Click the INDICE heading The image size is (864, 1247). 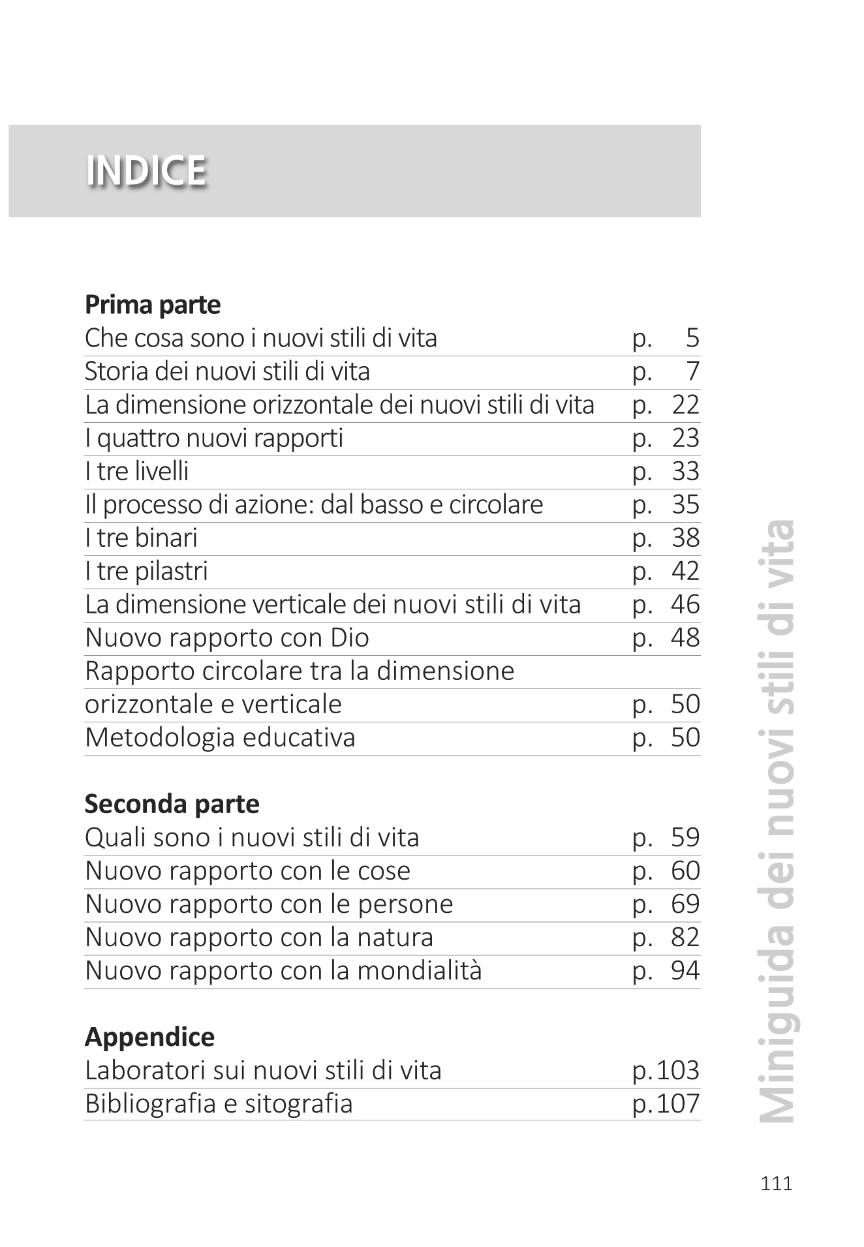pos(146,171)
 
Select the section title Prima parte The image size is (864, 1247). pos(153,305)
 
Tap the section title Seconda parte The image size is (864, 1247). pos(172,804)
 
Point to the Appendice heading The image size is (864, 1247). pos(149,1037)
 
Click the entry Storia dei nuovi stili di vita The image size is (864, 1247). pos(227,372)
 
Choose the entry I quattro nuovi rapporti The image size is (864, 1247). pos(214,439)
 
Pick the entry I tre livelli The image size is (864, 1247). pos(136,472)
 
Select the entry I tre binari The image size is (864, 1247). pos(141,538)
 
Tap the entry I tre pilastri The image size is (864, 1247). pos(146,572)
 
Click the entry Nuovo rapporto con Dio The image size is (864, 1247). pos(227,638)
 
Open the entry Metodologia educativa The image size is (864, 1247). pos(220,738)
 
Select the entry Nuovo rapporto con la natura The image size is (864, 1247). pos(259,938)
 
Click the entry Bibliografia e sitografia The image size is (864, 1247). pos(219,1104)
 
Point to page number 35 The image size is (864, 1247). pos(685,505)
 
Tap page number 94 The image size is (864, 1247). pos(685,971)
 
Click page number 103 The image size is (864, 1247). pos(678,1071)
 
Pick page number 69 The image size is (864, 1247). pos(685,904)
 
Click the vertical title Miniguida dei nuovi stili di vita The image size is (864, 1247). pos(778,822)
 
